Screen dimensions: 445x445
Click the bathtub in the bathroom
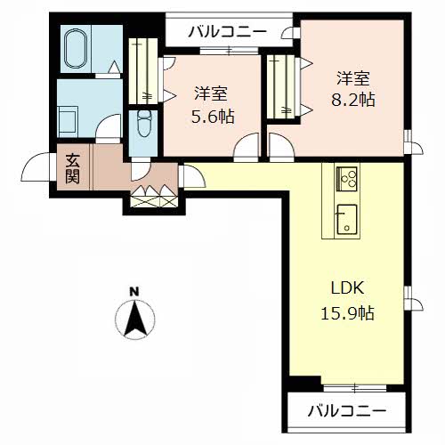[77, 49]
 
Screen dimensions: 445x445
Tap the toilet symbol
[144, 124]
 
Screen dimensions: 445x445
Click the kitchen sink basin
[346, 219]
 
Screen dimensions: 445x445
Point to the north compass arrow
[135, 319]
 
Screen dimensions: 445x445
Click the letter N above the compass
[135, 292]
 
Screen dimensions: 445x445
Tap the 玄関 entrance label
[72, 168]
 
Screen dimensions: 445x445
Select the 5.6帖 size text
[213, 117]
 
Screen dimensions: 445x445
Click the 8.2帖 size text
[353, 100]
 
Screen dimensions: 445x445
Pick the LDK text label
[347, 287]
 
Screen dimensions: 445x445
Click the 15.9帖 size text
[347, 313]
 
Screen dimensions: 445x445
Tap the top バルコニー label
[227, 31]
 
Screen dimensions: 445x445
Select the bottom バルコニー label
[347, 411]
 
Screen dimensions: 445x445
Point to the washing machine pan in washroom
[69, 122]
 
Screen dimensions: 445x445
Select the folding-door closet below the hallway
[154, 197]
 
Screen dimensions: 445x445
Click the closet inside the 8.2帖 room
[280, 87]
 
